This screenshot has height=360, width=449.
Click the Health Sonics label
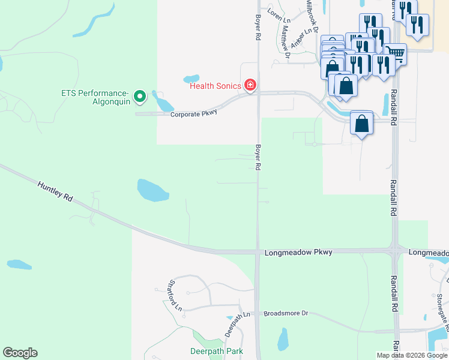click(215, 86)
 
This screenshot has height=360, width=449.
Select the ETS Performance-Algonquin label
click(95, 97)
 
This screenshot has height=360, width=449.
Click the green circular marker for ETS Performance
click(140, 95)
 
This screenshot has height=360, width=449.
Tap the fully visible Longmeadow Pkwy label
click(298, 253)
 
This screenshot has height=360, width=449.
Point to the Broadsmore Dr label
click(286, 313)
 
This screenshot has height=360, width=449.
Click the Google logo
click(20, 353)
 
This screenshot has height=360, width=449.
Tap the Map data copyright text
click(412, 355)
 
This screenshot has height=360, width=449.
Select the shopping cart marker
click(395, 53)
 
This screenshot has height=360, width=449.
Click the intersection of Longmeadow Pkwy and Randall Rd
click(395, 251)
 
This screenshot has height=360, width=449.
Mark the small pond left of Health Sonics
click(191, 79)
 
